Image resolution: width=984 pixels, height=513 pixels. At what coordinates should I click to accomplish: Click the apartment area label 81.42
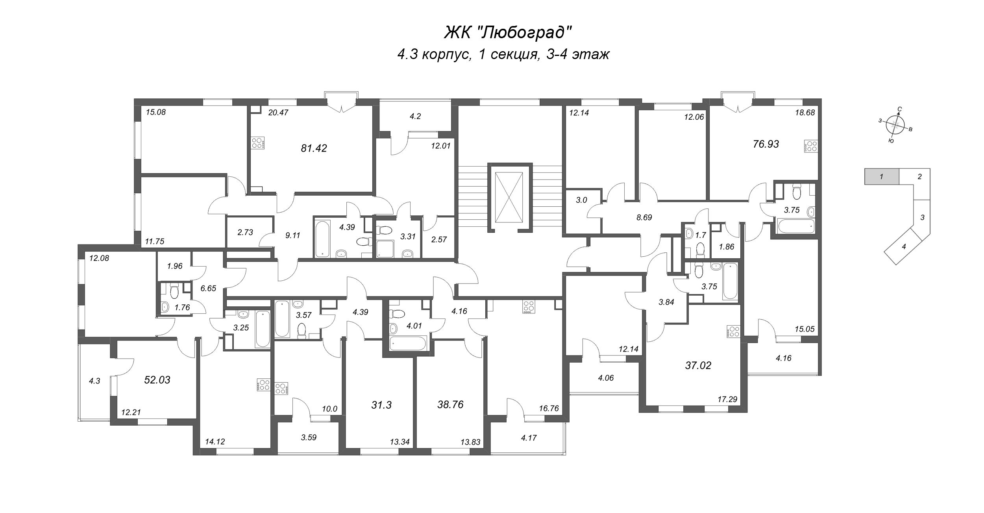click(314, 148)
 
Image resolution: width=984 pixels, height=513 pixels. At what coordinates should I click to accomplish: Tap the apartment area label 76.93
click(766, 144)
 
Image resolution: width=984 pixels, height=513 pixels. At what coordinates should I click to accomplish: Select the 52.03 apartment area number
click(157, 380)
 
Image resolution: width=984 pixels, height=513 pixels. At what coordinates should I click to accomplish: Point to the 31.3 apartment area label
click(381, 405)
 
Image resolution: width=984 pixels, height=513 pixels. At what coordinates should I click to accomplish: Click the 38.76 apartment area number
click(450, 405)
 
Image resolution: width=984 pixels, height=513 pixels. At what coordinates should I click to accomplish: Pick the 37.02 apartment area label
click(698, 365)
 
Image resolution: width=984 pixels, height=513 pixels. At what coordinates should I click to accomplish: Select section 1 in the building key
click(881, 177)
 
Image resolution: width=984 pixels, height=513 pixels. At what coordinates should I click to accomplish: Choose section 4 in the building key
click(904, 247)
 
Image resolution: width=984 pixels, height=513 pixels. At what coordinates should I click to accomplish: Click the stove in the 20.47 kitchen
click(258, 143)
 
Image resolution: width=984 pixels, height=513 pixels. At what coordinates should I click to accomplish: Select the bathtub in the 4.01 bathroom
click(408, 343)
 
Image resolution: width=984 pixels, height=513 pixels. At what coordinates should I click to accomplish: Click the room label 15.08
click(156, 112)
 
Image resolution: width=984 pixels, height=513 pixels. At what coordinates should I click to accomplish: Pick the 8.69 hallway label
click(644, 217)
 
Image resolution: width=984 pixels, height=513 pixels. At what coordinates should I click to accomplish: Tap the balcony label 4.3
click(95, 381)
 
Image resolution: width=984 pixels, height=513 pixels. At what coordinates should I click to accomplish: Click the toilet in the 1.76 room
click(174, 291)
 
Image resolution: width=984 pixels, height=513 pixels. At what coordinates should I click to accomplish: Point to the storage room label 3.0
click(581, 200)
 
